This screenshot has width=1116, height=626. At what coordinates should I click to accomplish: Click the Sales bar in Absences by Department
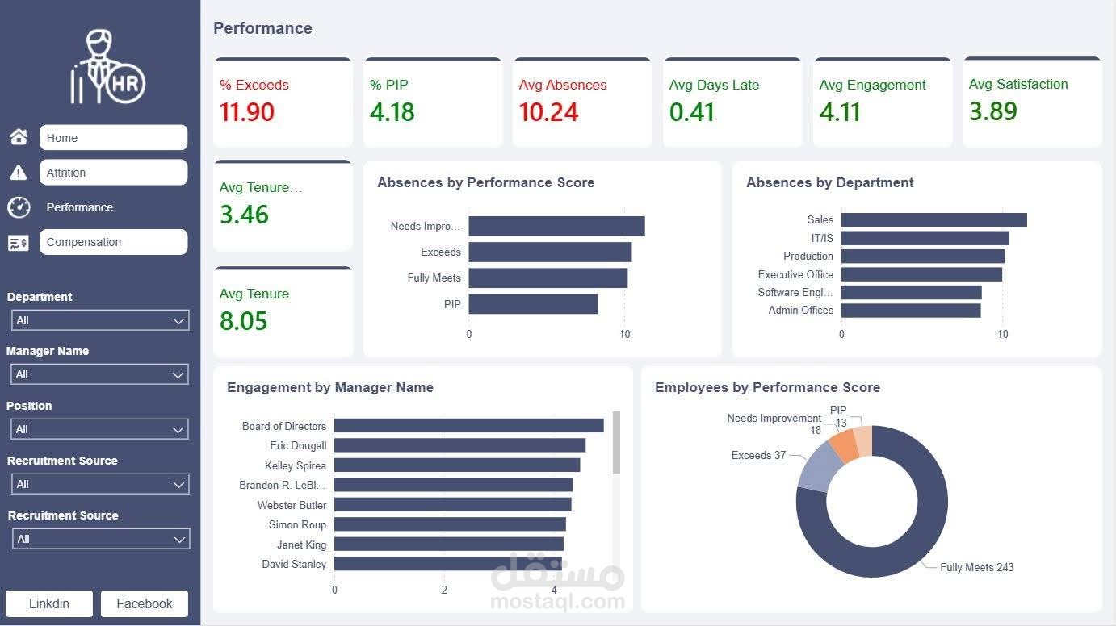tap(933, 219)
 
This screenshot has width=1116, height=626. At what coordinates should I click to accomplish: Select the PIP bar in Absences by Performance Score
tap(533, 304)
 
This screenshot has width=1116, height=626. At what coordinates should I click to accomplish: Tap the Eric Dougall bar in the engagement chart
tap(459, 445)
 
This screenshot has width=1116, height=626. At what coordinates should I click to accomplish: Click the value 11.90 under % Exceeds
tap(247, 112)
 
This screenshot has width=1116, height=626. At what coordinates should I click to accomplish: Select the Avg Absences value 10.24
tap(548, 112)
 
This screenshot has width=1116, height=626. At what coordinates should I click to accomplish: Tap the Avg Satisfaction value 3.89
tap(992, 111)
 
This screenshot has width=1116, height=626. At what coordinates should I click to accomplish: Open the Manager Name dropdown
tap(100, 374)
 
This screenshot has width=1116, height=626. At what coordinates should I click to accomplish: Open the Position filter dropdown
tap(100, 429)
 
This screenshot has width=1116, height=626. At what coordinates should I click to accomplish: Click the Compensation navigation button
tap(113, 242)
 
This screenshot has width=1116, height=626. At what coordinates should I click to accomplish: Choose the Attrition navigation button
tap(113, 173)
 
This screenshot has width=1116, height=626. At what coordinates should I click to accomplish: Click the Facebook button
tap(145, 603)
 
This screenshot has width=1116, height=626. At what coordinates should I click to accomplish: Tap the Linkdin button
tap(49, 603)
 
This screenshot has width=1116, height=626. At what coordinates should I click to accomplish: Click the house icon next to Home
tap(19, 137)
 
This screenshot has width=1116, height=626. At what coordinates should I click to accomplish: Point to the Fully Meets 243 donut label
tap(976, 567)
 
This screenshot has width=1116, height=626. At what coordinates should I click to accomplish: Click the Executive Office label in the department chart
tap(795, 274)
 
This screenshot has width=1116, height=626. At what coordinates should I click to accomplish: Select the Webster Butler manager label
tap(292, 505)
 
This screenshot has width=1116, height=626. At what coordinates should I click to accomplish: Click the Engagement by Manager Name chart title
tap(330, 387)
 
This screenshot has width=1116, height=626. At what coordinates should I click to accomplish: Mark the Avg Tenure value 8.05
tap(243, 321)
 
